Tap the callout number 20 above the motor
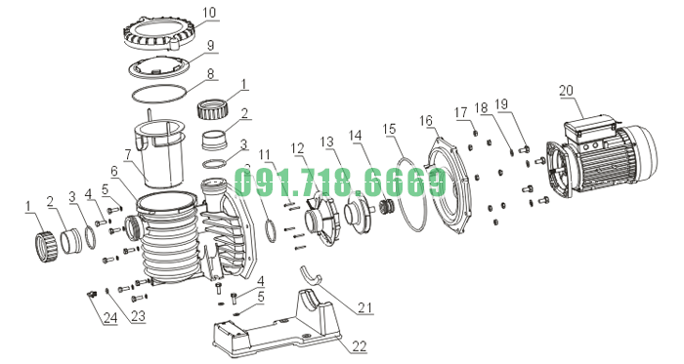(x=566, y=91)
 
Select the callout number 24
(x=109, y=318)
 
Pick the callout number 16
(x=425, y=120)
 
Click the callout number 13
(x=327, y=142)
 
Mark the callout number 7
(x=127, y=153)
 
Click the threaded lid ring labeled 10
(x=158, y=36)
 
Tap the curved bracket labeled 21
(x=310, y=277)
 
